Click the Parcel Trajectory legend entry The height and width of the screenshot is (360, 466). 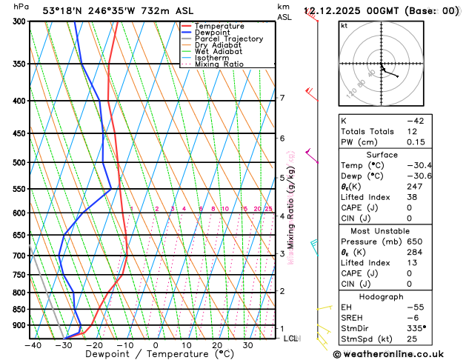(228, 39)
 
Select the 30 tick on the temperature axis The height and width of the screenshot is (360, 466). (247, 345)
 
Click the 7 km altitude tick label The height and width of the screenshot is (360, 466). (282, 98)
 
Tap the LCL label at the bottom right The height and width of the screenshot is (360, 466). (291, 339)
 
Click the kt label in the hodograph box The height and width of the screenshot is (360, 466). (344, 25)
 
